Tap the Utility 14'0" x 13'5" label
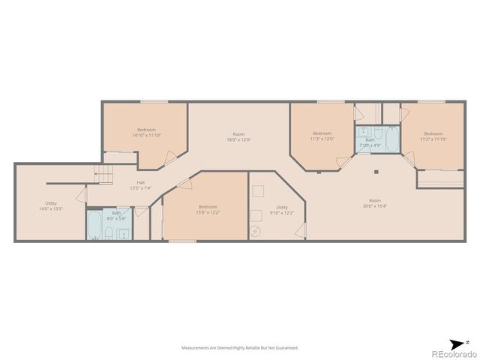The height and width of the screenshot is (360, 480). point(51,205)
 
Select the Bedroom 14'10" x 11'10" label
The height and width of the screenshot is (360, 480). point(145,133)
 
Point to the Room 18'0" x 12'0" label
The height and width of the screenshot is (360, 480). point(238,137)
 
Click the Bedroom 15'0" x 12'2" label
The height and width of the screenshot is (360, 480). point(208,209)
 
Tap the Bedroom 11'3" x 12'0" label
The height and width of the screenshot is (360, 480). point(322,136)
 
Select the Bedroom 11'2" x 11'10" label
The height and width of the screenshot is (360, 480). point(433,136)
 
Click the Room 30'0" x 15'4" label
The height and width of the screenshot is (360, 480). point(374,202)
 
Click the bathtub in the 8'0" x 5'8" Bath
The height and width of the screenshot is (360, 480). point(95,224)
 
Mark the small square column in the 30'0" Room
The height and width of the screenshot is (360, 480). point(376,171)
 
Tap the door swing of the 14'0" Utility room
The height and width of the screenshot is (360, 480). point(91,198)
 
